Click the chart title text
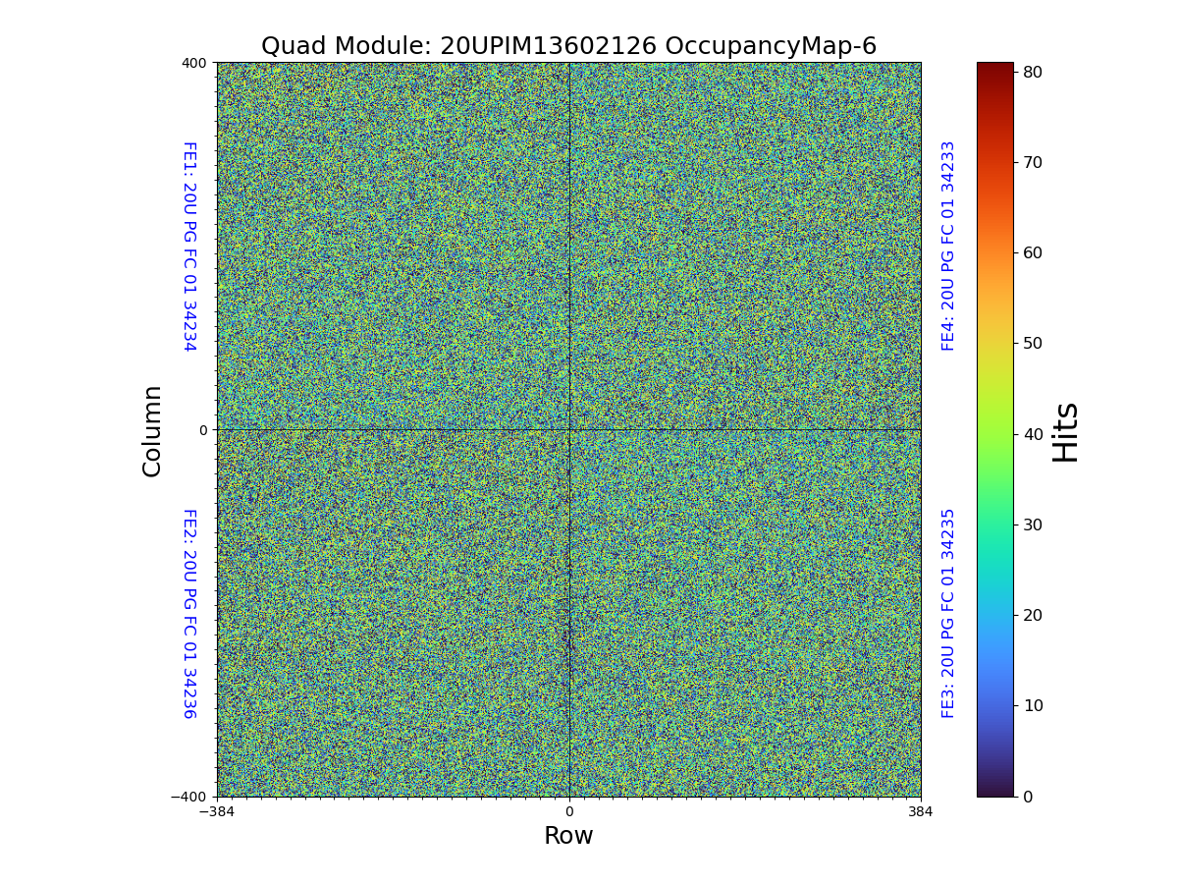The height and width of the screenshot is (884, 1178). click(x=568, y=46)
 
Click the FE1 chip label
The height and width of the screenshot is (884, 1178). click(x=189, y=246)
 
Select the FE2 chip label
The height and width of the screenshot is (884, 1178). click(x=189, y=613)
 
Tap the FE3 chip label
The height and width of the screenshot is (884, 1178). click(x=948, y=613)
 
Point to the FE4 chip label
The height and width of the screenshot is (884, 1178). click(x=948, y=246)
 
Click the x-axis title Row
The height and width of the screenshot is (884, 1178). click(x=568, y=836)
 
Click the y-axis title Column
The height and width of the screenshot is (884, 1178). click(x=152, y=430)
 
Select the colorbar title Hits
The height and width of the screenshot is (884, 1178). click(x=1065, y=431)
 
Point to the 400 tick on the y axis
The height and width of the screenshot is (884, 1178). click(x=194, y=63)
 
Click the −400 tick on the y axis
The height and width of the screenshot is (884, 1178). click(x=189, y=797)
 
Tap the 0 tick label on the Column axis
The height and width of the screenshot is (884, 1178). click(x=203, y=430)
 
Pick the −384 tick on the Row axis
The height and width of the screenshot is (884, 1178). click(x=217, y=812)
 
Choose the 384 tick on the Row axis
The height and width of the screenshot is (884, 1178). click(x=921, y=812)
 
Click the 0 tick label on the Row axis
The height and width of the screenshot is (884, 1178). click(x=568, y=812)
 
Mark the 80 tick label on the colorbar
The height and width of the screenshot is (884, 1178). click(x=1032, y=72)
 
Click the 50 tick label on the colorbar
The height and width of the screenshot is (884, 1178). click(x=1032, y=343)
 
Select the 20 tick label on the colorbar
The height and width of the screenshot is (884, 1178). click(x=1032, y=615)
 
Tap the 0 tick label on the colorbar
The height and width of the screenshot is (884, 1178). click(x=1028, y=797)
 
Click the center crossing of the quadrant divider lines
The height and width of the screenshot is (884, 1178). click(x=569, y=429)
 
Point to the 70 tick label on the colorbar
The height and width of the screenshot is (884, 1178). click(x=1032, y=162)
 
